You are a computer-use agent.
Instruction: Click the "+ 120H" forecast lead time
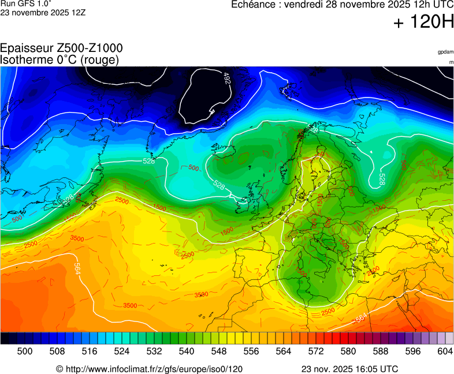(423, 23)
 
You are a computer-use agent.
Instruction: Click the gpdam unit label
(445, 52)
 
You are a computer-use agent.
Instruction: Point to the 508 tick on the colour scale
(57, 351)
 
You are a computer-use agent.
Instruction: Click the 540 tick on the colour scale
(186, 351)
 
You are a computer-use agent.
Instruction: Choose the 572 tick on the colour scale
(315, 351)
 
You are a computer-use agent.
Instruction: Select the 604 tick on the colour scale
(445, 351)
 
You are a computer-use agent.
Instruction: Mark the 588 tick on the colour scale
(380, 351)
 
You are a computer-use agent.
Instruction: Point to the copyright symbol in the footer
(59, 369)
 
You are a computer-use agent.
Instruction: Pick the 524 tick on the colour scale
(121, 351)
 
